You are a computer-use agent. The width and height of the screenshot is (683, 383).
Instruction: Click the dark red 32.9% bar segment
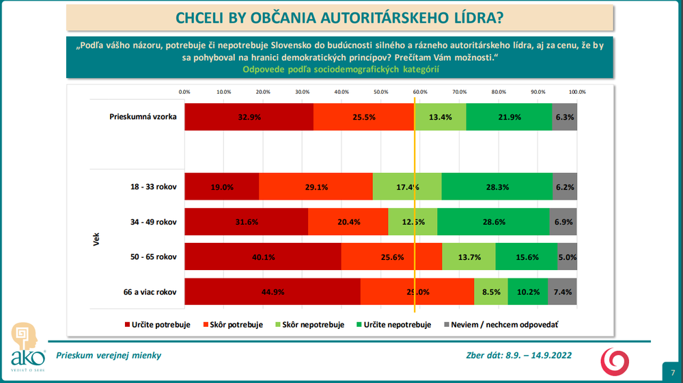tap(249, 117)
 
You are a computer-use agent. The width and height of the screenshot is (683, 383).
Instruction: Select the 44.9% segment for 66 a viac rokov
tap(273, 292)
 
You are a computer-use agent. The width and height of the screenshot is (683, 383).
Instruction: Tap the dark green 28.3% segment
tap(497, 187)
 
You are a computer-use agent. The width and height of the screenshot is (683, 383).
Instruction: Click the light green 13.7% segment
tap(469, 257)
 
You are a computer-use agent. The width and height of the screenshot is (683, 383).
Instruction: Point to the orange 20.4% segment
tap(348, 222)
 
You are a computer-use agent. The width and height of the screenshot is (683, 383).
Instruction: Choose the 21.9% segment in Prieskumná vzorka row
tap(509, 117)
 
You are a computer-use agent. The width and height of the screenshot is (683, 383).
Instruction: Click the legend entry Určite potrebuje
tap(157, 325)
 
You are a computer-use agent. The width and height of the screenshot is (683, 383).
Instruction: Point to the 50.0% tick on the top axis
tap(381, 91)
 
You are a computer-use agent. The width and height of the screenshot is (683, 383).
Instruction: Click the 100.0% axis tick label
tap(577, 91)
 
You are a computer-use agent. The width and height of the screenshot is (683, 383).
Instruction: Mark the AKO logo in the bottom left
tap(27, 345)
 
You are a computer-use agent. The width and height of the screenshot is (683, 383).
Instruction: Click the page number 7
tap(672, 370)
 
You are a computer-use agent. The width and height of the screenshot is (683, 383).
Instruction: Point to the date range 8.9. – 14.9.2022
tap(538, 356)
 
